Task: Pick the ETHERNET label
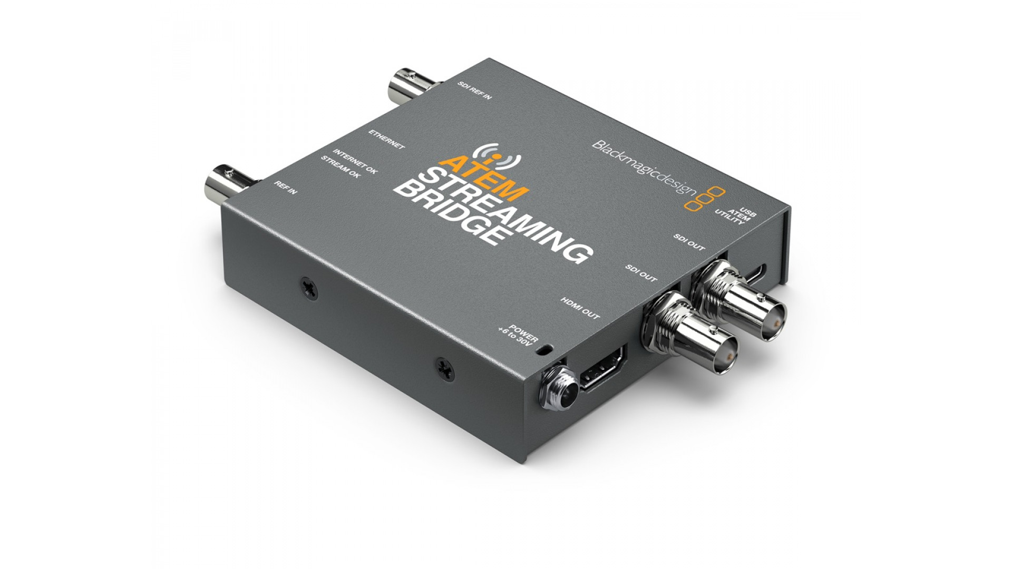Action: pyautogui.click(x=386, y=139)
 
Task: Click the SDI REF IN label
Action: pyautogui.click(x=474, y=91)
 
